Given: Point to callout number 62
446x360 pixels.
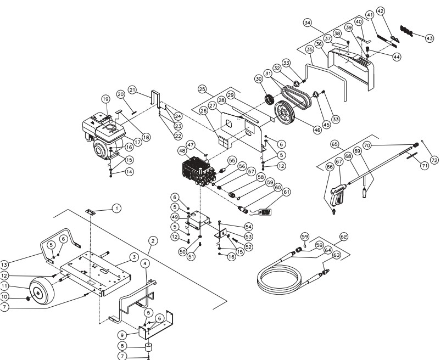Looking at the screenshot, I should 344,237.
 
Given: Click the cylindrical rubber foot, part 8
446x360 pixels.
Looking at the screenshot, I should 148,347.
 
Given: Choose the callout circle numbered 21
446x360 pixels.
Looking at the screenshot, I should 132,89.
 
